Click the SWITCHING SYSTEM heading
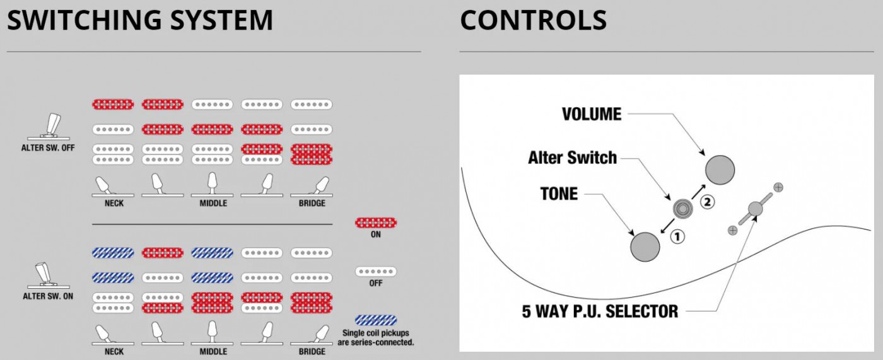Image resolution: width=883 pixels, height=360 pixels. click(140, 20)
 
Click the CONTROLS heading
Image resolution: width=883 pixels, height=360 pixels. click(533, 20)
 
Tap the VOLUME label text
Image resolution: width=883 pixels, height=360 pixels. click(592, 114)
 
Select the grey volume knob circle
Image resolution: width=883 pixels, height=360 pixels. click(720, 168)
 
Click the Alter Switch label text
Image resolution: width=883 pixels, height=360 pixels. click(572, 157)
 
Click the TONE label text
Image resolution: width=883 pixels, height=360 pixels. click(559, 194)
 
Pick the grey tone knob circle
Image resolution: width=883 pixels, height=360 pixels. click(645, 246)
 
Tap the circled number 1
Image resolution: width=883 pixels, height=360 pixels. click(677, 237)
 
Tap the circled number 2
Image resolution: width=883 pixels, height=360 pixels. click(708, 202)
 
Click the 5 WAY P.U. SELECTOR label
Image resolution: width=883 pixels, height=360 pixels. click(600, 311)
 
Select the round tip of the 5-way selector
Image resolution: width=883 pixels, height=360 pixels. click(755, 209)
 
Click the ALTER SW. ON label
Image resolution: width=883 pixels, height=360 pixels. click(49, 296)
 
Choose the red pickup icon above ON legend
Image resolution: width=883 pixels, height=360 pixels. click(376, 222)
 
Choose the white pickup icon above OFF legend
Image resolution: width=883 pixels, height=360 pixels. click(376, 272)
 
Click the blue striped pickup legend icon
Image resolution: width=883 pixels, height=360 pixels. click(376, 320)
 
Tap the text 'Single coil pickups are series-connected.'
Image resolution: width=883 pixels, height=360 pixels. click(378, 337)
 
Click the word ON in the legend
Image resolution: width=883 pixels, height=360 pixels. click(376, 235)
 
